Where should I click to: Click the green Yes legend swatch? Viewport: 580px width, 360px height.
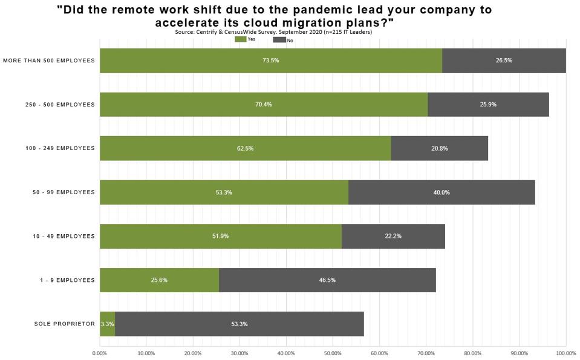tap(241, 39)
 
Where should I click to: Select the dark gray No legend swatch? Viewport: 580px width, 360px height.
tap(279, 39)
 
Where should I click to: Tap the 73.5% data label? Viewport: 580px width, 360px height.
tap(270, 61)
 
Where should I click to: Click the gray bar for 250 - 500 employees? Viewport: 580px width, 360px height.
tap(488, 104)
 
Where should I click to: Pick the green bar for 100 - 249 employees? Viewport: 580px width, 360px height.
tap(245, 148)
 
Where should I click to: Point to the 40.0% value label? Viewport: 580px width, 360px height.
tap(441, 192)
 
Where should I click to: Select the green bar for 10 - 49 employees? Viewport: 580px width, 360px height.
tap(220, 236)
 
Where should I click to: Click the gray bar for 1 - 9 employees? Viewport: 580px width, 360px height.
tap(327, 280)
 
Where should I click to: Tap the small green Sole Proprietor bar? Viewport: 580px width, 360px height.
tap(107, 324)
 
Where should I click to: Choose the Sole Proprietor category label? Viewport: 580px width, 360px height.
tap(65, 324)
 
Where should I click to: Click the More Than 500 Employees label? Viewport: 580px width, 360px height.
tap(49, 61)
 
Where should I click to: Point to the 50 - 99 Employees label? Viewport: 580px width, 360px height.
tap(64, 192)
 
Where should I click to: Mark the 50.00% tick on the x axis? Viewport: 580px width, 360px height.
tap(332, 353)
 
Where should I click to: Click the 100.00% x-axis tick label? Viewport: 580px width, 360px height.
tap(565, 353)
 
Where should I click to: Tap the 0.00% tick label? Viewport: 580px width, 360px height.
tap(99, 353)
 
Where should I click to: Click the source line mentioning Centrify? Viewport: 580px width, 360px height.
tap(273, 31)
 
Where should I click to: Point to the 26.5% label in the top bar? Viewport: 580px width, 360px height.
tap(504, 61)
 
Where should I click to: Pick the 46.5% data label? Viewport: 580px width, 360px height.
tap(327, 280)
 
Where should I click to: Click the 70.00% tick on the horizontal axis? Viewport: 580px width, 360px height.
tap(426, 353)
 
